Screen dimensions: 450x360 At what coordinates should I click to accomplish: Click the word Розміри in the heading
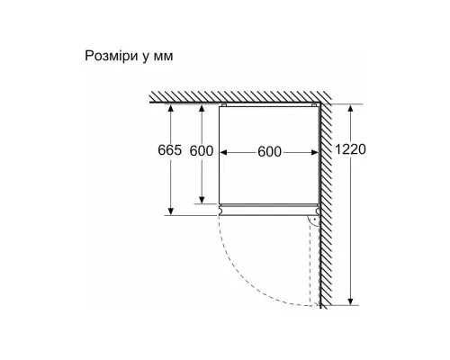point(112,56)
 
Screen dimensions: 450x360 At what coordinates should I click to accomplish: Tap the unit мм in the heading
point(164,57)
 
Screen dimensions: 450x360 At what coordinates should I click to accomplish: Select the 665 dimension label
point(170,150)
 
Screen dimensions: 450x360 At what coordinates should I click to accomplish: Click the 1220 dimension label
point(350,149)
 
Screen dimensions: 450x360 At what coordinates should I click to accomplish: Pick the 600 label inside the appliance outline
point(269,152)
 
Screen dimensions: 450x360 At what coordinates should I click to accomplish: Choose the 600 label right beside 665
point(202,151)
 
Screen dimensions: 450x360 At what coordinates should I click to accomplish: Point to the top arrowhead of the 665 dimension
point(171,108)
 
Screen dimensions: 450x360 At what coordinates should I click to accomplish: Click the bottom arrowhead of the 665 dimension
point(171,211)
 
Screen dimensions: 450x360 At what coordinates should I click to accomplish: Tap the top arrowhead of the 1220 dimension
point(350,108)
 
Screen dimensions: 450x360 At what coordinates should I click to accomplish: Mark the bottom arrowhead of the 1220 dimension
point(350,301)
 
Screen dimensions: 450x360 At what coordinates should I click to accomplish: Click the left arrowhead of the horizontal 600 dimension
point(223,153)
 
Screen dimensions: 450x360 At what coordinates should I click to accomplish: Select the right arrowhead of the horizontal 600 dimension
point(314,153)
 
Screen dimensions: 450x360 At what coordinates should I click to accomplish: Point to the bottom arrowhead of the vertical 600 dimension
point(202,200)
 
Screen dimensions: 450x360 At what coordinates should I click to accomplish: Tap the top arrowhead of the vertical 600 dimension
point(202,108)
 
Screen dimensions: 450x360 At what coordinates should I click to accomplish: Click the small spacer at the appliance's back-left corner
point(223,105)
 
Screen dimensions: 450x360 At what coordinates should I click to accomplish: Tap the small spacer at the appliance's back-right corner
point(314,105)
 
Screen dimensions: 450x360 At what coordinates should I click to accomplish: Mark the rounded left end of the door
point(220,211)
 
